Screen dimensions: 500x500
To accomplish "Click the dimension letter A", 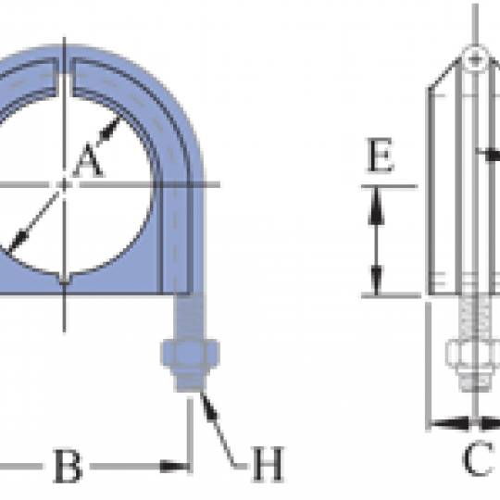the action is click(88, 161).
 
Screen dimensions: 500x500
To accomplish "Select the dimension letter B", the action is click(68, 466).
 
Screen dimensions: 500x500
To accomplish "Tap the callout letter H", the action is click(268, 464).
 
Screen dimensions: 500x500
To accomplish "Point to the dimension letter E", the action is click(381, 155).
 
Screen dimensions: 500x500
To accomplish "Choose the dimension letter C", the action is click(478, 458).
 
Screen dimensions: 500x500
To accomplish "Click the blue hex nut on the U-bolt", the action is click(191, 355).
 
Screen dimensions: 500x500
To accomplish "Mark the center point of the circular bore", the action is click(65, 184).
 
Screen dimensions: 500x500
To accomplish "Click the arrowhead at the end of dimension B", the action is click(174, 466).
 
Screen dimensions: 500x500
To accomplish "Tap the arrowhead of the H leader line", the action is click(209, 407).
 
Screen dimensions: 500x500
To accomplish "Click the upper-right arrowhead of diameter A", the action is click(110, 128).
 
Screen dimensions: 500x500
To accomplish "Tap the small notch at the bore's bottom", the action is click(65, 279).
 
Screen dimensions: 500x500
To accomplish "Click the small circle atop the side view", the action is click(475, 58).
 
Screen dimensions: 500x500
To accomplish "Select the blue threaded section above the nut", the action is click(191, 317).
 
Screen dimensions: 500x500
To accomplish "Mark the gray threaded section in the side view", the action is click(474, 318).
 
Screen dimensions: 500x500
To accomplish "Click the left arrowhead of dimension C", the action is click(450, 423).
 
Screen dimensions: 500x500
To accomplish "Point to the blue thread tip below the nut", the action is click(191, 381).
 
